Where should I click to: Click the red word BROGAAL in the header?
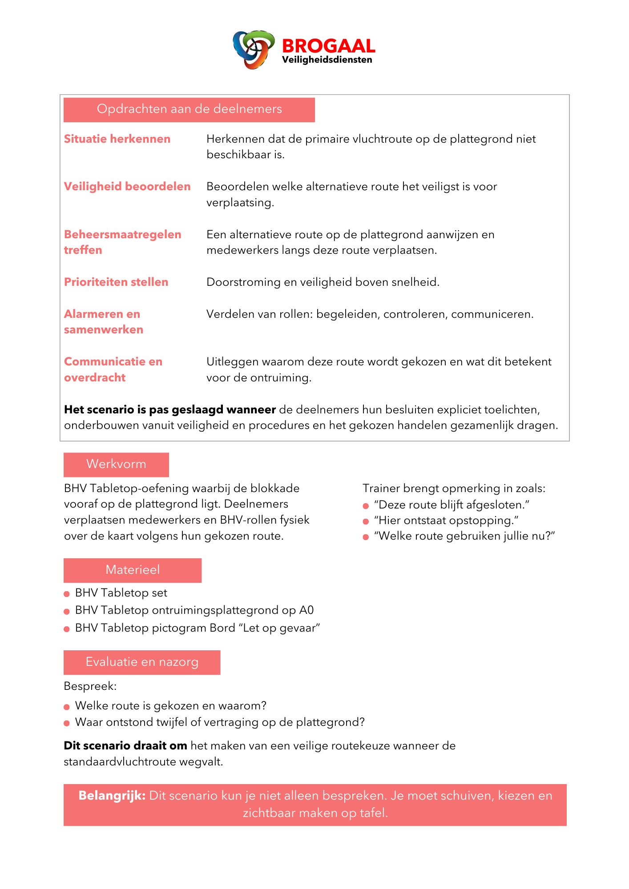tap(328, 46)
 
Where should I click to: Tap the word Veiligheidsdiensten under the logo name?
tap(327, 60)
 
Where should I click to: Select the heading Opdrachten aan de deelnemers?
tap(189, 109)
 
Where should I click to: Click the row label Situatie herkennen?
tap(117, 139)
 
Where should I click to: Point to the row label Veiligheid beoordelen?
tap(127, 187)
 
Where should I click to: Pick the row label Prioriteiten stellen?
tap(116, 282)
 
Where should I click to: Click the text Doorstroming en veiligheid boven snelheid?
tap(323, 282)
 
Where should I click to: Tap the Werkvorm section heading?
tap(116, 465)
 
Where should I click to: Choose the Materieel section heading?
tap(133, 570)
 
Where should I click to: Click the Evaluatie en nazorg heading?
tap(142, 662)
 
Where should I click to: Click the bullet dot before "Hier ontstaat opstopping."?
tap(366, 521)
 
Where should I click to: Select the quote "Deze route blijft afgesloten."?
tap(452, 505)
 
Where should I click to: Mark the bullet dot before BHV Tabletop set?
tap(67, 594)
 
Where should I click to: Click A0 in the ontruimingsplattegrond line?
tap(306, 610)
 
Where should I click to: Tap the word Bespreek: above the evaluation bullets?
tap(90, 686)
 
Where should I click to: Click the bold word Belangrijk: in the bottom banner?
tap(112, 796)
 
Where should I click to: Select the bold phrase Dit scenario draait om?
tap(125, 746)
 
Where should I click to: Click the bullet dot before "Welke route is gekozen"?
tap(67, 707)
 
